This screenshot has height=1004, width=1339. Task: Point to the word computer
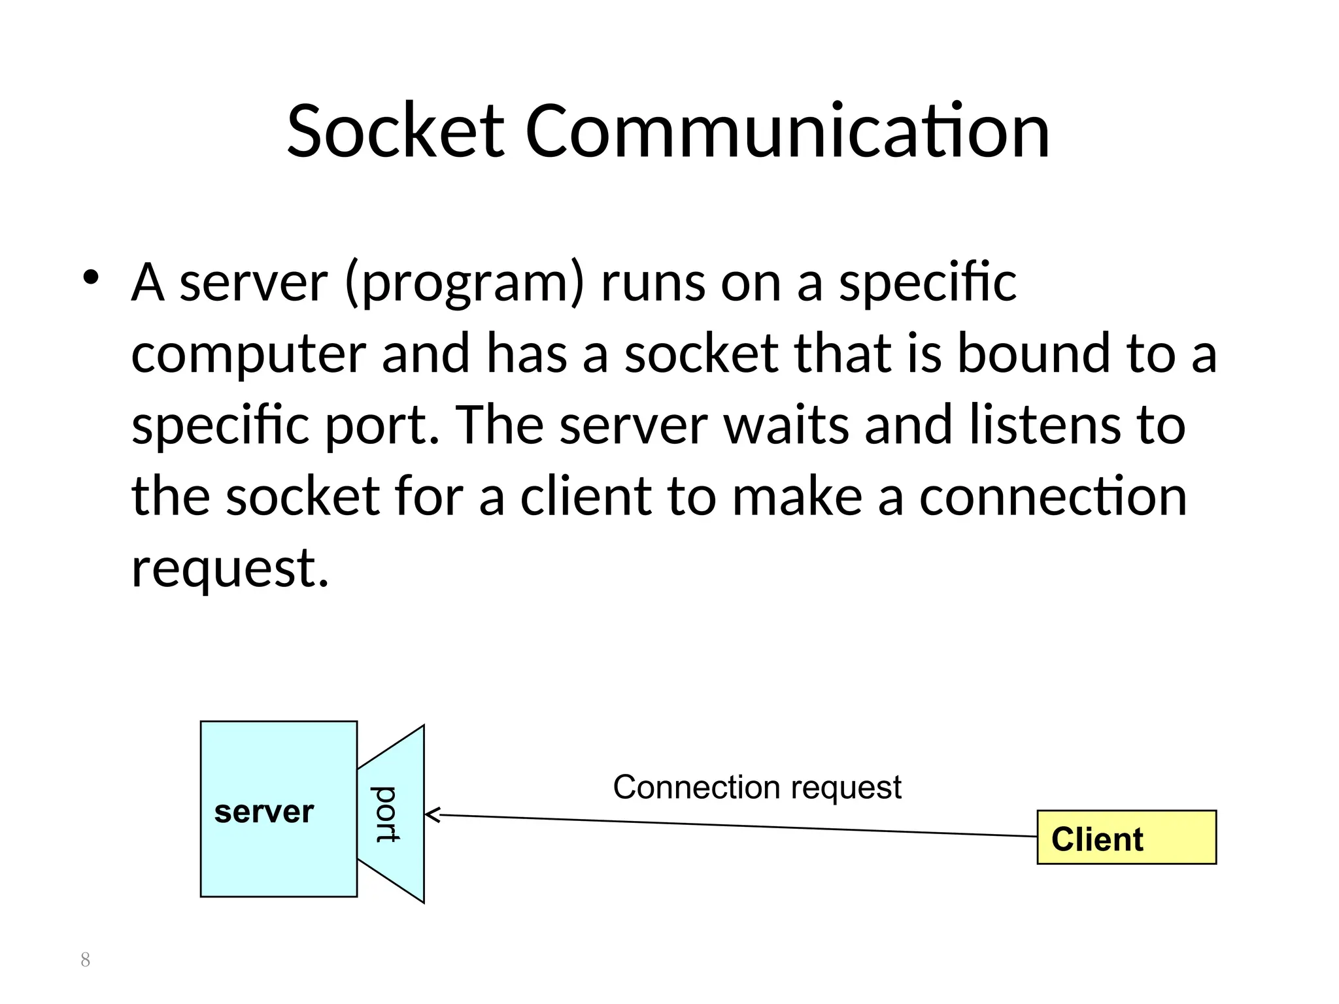248,355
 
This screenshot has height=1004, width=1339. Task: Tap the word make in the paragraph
797,496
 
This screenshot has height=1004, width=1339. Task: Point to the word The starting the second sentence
500,425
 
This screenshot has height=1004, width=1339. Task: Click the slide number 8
85,960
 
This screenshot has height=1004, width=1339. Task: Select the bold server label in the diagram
264,812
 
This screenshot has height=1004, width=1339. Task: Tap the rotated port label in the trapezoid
386,814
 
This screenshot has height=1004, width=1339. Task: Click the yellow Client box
1126,837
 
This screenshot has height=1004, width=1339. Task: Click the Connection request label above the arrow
757,787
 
